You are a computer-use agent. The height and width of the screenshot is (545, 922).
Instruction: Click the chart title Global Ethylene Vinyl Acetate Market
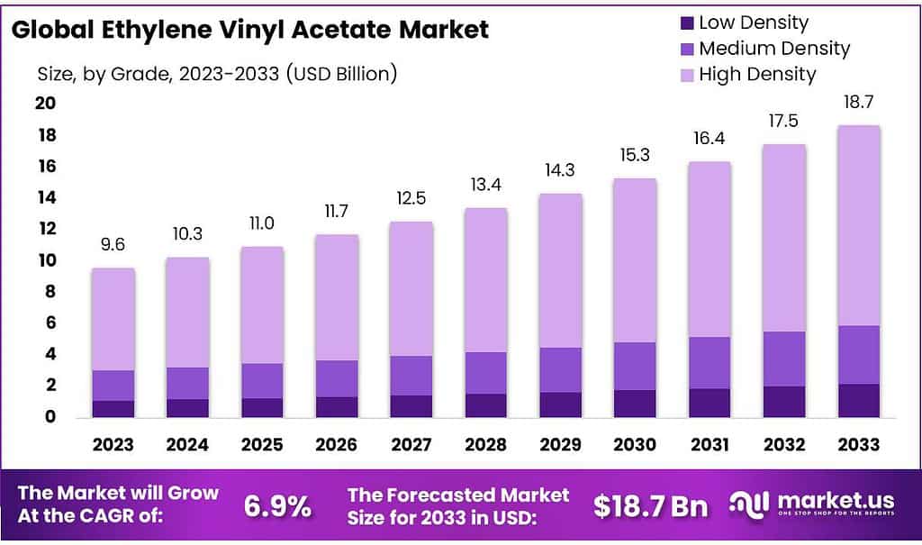pos(251,30)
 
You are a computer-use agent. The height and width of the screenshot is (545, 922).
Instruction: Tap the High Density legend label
pos(756,74)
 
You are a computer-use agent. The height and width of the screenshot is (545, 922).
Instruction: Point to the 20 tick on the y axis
pos(45,104)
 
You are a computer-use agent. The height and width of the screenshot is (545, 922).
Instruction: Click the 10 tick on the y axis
pos(45,260)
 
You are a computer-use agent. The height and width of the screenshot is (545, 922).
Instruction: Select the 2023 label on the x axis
pos(113,444)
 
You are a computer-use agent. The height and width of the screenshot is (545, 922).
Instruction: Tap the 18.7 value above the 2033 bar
pos(858,102)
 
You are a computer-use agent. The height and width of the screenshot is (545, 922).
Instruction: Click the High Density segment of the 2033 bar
pos(858,225)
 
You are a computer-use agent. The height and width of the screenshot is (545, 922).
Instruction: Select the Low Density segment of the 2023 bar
pos(113,409)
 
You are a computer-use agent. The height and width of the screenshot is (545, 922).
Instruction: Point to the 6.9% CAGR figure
pos(277,507)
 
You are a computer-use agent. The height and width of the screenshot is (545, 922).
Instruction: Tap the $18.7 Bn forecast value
pos(650,507)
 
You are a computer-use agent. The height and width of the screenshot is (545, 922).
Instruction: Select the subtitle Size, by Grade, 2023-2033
pos(217,73)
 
